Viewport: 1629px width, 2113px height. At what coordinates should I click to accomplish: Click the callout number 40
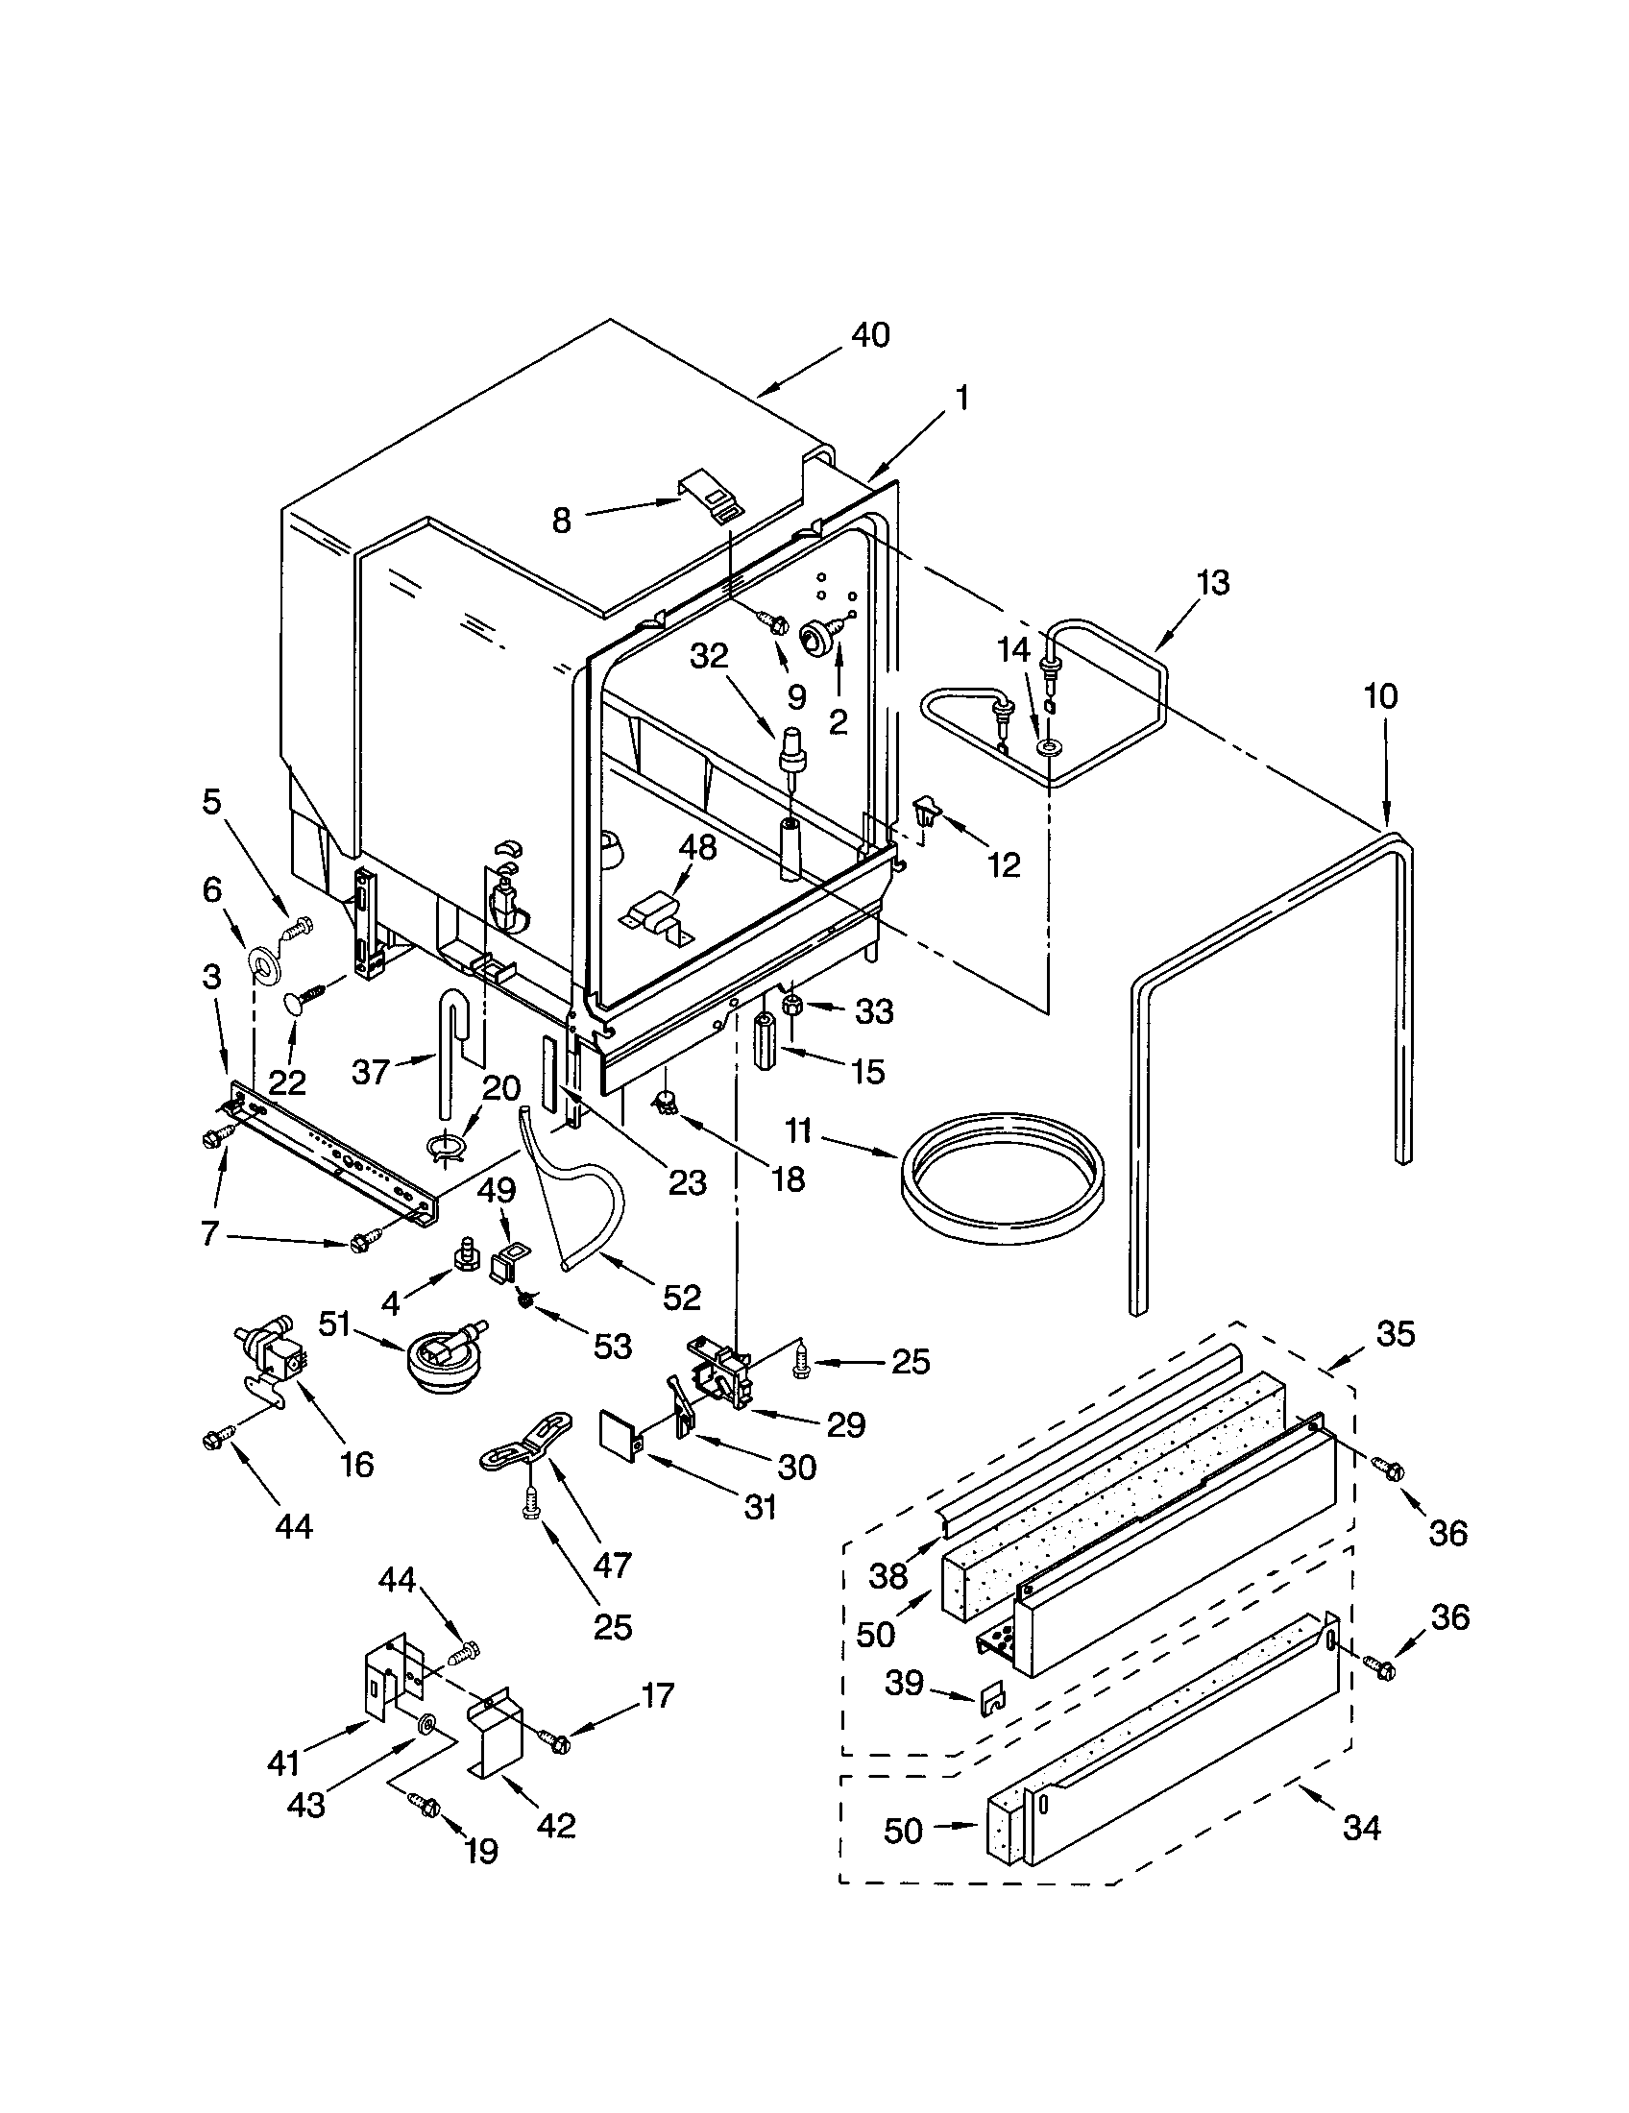[x=869, y=335]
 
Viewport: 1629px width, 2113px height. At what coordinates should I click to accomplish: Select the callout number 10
[x=1380, y=695]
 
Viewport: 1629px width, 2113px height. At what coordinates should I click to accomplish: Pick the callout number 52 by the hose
[x=681, y=1298]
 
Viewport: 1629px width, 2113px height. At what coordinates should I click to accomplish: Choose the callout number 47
[x=613, y=1565]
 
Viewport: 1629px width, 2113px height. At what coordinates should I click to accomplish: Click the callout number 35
[x=1395, y=1334]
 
